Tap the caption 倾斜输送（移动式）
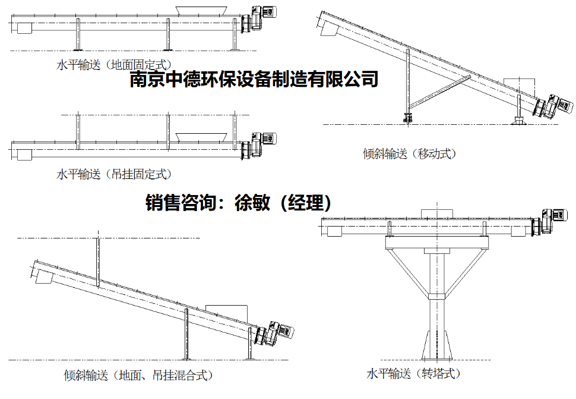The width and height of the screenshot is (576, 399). (410, 154)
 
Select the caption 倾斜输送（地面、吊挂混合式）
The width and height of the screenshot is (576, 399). (138, 375)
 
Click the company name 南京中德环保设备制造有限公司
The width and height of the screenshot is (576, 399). (254, 80)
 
